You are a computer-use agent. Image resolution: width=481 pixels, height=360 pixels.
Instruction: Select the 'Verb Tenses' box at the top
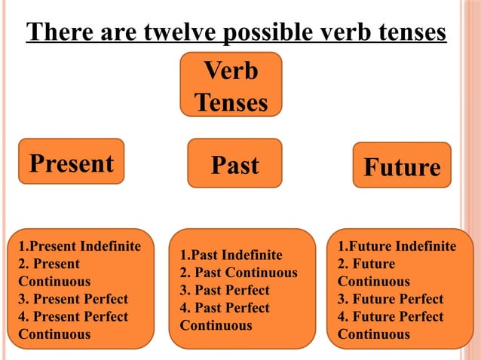coord(231,84)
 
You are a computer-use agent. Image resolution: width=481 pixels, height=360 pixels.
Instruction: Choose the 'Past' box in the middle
coord(234,163)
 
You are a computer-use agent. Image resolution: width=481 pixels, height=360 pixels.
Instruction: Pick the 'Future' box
coord(402,166)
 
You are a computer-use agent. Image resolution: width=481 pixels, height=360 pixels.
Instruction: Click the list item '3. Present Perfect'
coord(73,299)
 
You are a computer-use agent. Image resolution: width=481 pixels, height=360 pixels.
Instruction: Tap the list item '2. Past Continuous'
coord(238,273)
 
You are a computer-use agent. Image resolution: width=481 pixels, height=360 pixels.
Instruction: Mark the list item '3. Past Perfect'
coord(225,290)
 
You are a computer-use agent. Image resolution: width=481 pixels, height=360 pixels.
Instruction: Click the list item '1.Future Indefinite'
coord(397,246)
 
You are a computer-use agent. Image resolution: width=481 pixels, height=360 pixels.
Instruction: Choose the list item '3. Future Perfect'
coord(391,299)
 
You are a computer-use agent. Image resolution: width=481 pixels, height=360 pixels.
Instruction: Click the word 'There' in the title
coord(54,34)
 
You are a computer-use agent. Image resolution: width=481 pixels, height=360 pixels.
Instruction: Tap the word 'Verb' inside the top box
coord(231,72)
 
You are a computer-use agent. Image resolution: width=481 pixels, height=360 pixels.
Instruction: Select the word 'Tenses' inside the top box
coord(231,101)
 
